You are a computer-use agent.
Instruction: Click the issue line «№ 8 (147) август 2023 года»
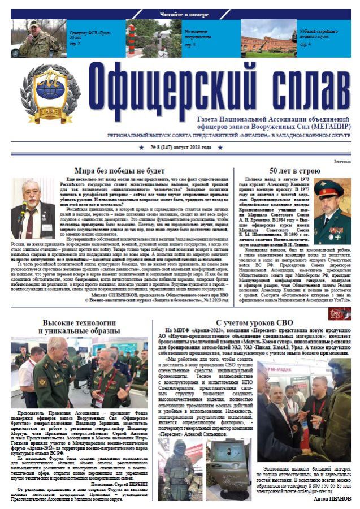point(180,147)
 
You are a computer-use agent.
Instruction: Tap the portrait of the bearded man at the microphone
point(33,209)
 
